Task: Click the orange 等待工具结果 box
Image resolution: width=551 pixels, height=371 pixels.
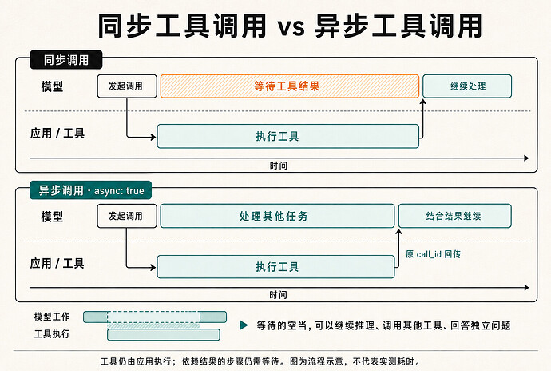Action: pos(290,86)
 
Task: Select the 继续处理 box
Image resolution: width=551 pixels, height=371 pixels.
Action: pos(467,86)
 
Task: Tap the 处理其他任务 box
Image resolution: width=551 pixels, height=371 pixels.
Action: pos(277,216)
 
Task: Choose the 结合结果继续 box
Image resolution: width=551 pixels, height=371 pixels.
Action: pos(454,216)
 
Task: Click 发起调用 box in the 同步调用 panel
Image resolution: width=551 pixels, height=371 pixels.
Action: pos(127,86)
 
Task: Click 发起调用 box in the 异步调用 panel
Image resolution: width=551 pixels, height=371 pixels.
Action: pos(127,216)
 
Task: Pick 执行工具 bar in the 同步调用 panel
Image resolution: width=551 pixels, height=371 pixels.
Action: pos(287,136)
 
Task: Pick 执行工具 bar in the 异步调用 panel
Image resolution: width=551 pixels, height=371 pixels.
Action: pos(275,267)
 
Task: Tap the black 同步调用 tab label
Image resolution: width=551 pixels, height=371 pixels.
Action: pos(66,60)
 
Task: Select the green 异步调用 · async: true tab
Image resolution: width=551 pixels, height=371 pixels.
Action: pos(91,190)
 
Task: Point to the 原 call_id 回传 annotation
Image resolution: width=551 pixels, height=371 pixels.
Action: pos(433,254)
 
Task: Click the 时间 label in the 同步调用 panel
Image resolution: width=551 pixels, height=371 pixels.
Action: pos(279,166)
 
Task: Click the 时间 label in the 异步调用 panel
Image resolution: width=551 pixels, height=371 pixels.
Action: pos(279,295)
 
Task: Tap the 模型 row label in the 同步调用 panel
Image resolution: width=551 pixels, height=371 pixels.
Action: pos(52,86)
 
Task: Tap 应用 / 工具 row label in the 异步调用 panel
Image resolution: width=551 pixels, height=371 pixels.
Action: pos(57,263)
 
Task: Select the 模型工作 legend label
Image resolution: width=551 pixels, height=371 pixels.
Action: pos(52,317)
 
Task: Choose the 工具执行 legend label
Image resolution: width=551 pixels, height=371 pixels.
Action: pos(52,333)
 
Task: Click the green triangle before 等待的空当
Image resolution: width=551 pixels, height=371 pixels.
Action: pos(244,325)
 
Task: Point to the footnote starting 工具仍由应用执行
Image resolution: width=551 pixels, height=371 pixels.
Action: pos(260,361)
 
